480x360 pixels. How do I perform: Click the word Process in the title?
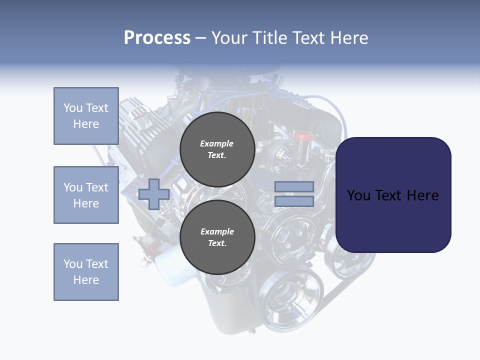point(157,38)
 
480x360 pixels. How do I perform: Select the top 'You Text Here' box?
point(86,116)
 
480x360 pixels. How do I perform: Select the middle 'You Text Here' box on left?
point(86,195)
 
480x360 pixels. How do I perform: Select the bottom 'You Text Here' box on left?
point(86,272)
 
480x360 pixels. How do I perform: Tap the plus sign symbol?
point(154,194)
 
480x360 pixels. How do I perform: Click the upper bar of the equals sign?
point(294,186)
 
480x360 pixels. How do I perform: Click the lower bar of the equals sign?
point(294,201)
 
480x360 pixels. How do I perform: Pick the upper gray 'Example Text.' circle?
point(217,149)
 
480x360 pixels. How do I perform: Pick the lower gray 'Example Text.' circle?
point(217,237)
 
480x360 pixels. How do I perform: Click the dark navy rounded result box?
point(393,194)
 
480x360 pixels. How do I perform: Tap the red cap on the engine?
point(302,135)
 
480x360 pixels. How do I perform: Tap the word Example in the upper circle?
point(216,143)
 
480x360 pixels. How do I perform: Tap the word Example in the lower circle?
point(217,231)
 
